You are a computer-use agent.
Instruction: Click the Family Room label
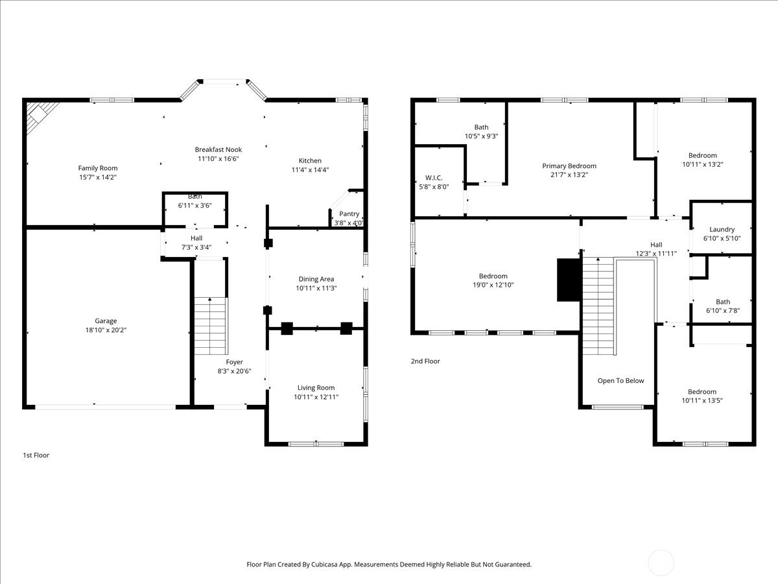pos(98,168)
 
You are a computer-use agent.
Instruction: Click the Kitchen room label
pos(310,161)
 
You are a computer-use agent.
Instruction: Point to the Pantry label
pos(349,214)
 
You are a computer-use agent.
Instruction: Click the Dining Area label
pos(316,279)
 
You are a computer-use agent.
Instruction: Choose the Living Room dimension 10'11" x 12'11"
pos(316,397)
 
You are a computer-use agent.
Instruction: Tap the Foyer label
pos(234,362)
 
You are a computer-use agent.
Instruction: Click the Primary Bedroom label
pos(569,166)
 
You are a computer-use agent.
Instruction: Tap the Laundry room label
pos(722,229)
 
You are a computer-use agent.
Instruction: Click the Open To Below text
pos(620,381)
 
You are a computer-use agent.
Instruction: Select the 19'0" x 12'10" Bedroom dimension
pos(493,285)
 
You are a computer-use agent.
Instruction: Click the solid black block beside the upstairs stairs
pos(569,280)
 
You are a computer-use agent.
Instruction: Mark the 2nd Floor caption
pos(425,361)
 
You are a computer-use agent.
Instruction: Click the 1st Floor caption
pos(36,456)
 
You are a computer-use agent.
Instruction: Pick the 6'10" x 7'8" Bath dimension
pos(722,311)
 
